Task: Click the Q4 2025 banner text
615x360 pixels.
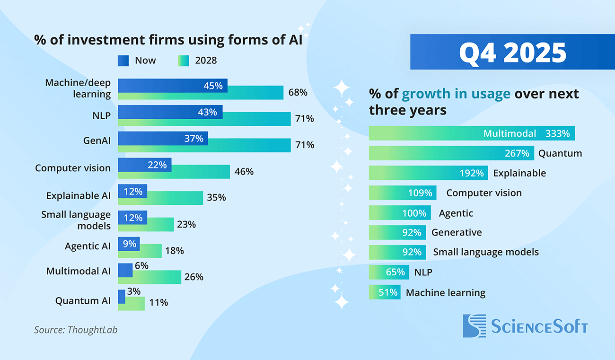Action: click(x=512, y=52)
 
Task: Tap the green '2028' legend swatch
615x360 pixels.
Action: click(x=184, y=61)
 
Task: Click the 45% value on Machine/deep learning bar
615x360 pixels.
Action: click(x=213, y=86)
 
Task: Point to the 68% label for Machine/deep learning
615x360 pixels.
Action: click(x=298, y=93)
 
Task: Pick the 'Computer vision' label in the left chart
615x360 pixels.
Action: click(x=73, y=168)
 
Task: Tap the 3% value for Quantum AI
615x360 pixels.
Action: click(x=134, y=291)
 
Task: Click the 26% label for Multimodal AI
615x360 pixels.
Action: click(x=193, y=277)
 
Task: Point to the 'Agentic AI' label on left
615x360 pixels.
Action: click(x=88, y=246)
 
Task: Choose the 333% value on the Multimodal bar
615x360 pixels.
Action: click(x=557, y=133)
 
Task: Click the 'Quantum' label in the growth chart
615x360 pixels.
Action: click(x=560, y=153)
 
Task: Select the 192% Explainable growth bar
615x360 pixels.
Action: click(x=428, y=173)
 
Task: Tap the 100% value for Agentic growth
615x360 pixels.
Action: click(x=414, y=213)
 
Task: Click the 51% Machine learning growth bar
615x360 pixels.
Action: click(x=384, y=292)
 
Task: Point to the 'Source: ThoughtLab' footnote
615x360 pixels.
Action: click(x=76, y=330)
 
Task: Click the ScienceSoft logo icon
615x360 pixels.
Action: click(x=474, y=325)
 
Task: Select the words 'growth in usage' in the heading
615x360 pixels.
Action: click(x=456, y=94)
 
